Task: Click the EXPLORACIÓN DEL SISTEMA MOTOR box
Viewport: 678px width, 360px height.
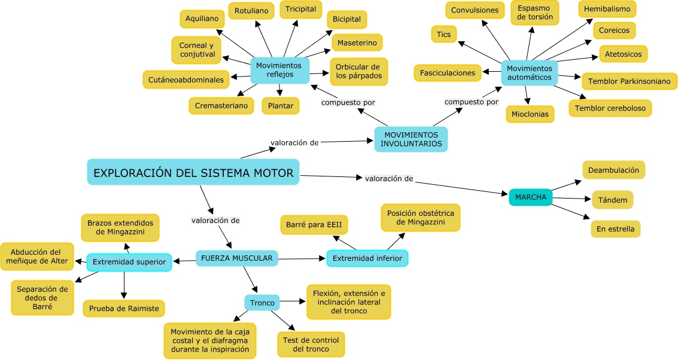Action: (x=193, y=172)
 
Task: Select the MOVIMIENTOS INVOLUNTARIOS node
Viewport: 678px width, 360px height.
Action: (x=411, y=139)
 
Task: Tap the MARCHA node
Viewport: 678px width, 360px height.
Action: (x=530, y=197)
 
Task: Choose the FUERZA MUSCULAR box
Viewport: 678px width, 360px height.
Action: (x=237, y=258)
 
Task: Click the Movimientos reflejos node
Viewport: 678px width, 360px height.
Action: (x=280, y=70)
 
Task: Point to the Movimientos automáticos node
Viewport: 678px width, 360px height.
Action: (x=529, y=73)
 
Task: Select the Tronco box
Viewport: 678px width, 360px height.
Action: (x=262, y=303)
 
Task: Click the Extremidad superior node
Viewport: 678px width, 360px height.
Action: (x=129, y=262)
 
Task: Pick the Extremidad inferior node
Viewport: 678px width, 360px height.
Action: (x=367, y=258)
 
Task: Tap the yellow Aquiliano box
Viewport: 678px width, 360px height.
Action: (x=202, y=19)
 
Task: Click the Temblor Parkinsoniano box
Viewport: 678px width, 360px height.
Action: (x=629, y=81)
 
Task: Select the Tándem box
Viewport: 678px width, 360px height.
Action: (x=612, y=200)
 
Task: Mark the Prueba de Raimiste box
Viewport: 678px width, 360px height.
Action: (x=124, y=309)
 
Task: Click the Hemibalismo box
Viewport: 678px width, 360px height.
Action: (x=607, y=9)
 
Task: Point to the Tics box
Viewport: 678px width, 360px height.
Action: (x=443, y=34)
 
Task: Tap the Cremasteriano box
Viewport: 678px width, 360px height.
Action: (x=221, y=106)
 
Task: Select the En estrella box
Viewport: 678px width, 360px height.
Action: (x=615, y=229)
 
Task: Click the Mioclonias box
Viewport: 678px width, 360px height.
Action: (x=530, y=114)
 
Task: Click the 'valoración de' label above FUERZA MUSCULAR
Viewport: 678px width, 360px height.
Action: (x=215, y=220)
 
